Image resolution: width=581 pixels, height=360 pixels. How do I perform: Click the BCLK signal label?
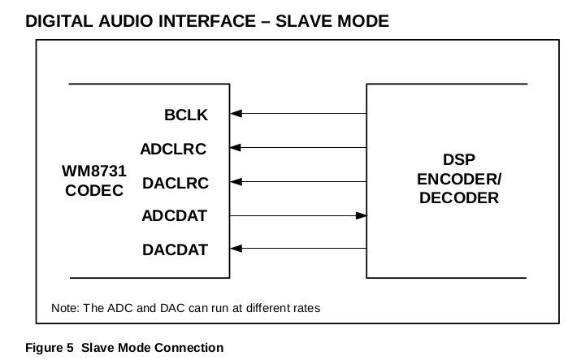pos(186,115)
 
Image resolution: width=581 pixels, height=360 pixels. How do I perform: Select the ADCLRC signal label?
pos(173,149)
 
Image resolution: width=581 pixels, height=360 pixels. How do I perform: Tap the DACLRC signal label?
pos(175,183)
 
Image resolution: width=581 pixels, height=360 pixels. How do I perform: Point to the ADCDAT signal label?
pos(174,216)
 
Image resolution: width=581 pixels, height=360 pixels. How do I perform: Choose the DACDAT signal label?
pos(175,249)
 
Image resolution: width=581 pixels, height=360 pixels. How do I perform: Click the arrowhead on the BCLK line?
pos(236,115)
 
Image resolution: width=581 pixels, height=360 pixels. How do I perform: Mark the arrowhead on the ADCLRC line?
pos(236,148)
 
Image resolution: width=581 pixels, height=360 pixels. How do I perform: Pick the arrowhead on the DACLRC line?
pos(236,182)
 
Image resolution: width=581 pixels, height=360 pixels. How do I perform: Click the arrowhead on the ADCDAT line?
pos(361,215)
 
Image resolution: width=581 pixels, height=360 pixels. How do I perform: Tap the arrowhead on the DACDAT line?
pos(236,249)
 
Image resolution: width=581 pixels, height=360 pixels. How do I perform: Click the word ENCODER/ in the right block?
pos(459,180)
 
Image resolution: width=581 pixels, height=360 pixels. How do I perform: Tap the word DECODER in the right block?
pos(459,197)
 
